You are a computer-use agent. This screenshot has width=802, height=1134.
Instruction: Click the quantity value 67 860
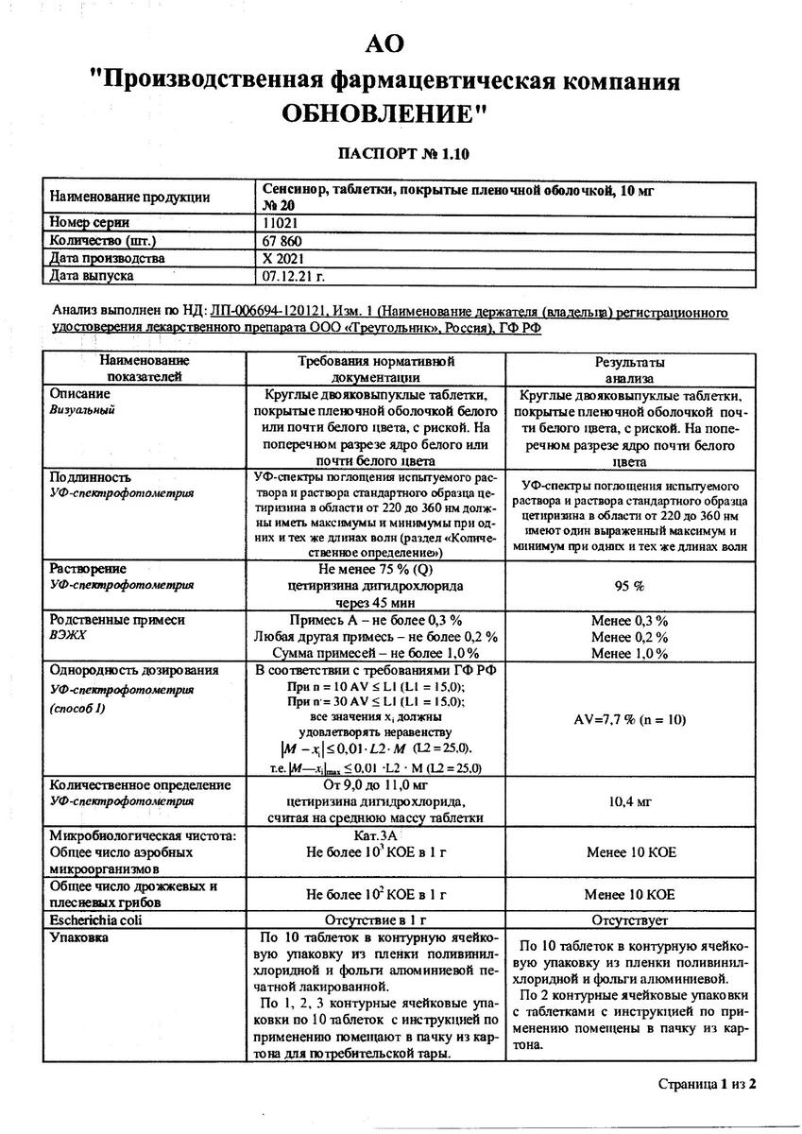[x=284, y=240]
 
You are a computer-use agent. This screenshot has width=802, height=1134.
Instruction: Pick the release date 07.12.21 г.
[x=293, y=276]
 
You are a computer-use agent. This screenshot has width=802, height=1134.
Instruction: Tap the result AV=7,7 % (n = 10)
[x=630, y=719]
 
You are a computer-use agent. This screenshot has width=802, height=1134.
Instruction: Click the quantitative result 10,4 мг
[x=630, y=801]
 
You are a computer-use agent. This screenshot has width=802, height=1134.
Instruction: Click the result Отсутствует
[x=630, y=919]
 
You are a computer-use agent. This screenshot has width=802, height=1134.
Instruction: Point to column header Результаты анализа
[x=630, y=369]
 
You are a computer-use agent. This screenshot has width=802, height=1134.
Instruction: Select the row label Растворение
[x=88, y=570]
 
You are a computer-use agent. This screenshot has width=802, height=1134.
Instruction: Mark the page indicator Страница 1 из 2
[x=708, y=1084]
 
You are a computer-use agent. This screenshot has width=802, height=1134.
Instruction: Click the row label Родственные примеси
[x=117, y=620]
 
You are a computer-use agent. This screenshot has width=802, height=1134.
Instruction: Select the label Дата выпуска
[x=92, y=276]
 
